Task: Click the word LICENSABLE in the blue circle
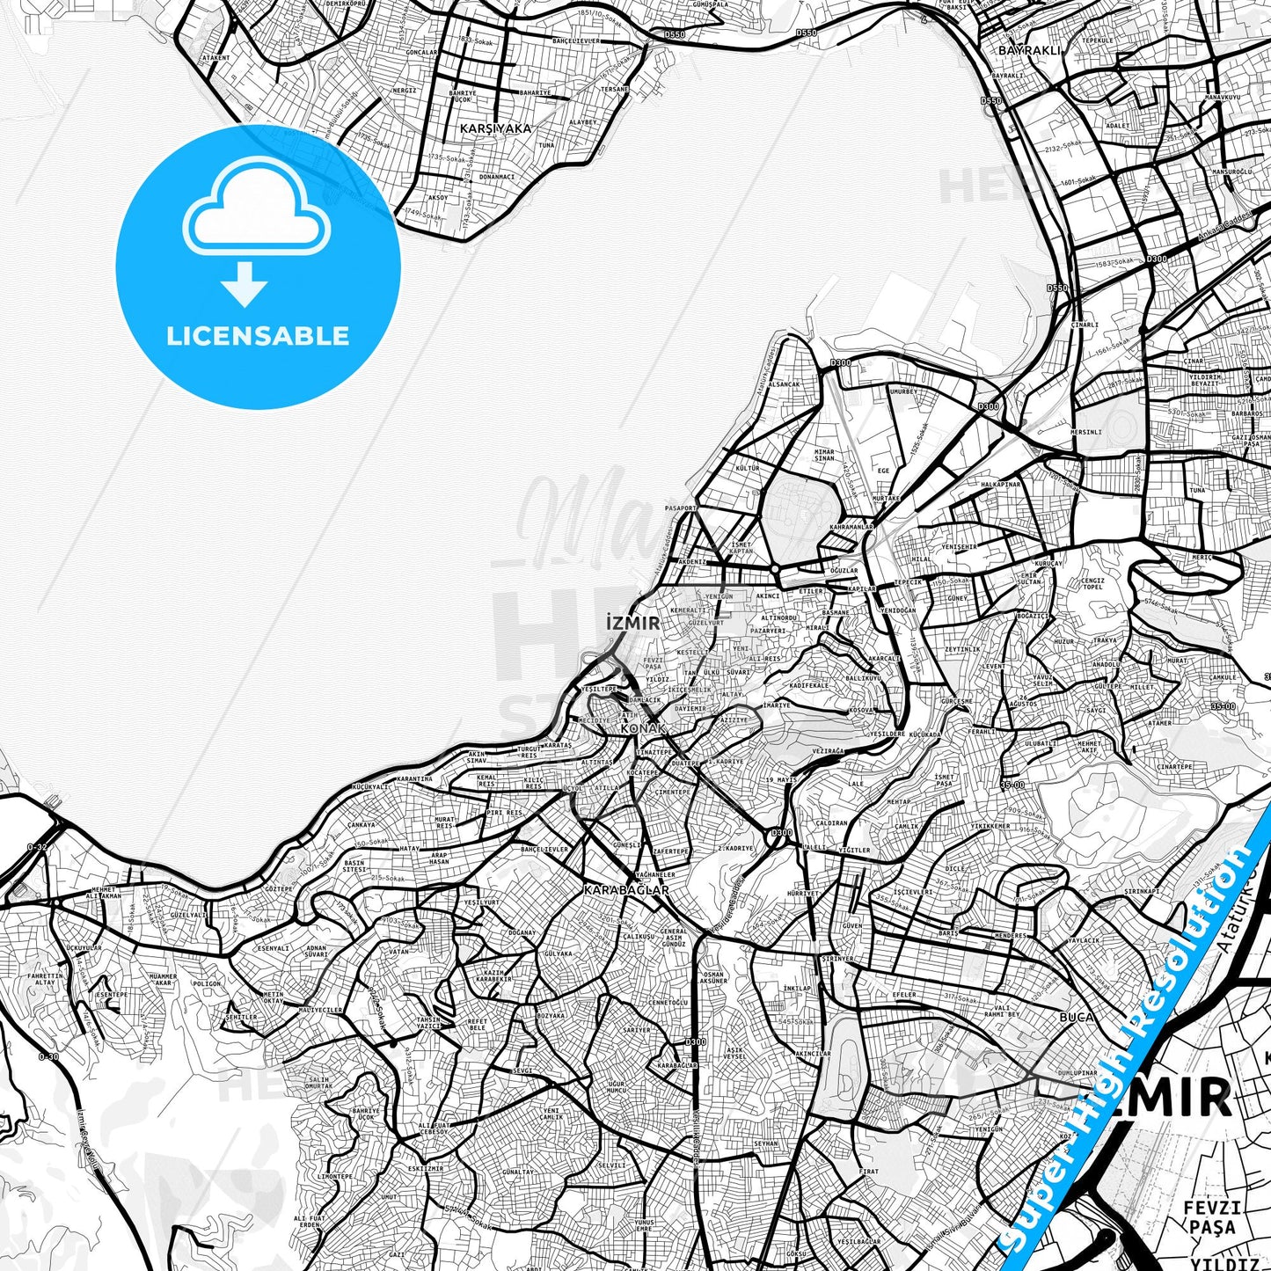pyautogui.click(x=258, y=336)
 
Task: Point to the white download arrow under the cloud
pyautogui.click(x=245, y=284)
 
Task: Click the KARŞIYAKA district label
pyautogui.click(x=495, y=128)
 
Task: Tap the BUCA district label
pyautogui.click(x=1077, y=1017)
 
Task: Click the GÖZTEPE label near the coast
pyautogui.click(x=278, y=889)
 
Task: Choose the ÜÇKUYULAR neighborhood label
pyautogui.click(x=84, y=948)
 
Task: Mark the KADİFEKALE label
pyautogui.click(x=809, y=684)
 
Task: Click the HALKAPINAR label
pyautogui.click(x=1001, y=484)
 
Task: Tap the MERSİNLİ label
pyautogui.click(x=1086, y=432)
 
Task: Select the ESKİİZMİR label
pyautogui.click(x=426, y=1169)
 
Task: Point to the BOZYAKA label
pyautogui.click(x=551, y=1016)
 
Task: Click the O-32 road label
pyautogui.click(x=38, y=846)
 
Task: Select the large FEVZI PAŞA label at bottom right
pyautogui.click(x=1212, y=1217)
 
